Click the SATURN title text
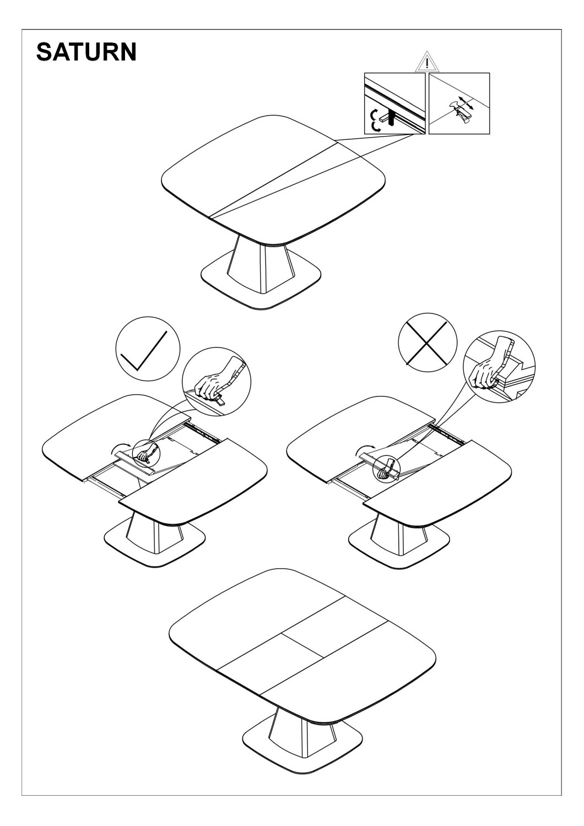click(86, 52)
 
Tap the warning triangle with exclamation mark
click(427, 62)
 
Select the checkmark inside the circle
click(144, 351)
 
